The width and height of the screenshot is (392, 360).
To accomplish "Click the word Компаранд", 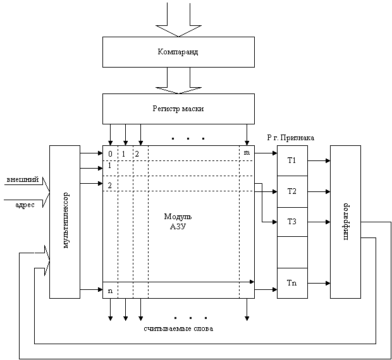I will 178,52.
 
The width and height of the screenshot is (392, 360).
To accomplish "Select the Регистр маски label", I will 178,109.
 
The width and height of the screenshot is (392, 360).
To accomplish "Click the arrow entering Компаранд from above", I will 178,19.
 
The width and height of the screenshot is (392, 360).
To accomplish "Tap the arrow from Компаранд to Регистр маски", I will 178,80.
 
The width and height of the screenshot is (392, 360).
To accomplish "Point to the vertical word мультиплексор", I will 65,222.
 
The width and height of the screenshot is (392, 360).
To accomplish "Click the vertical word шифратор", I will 345,222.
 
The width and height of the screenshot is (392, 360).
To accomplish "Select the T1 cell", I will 292,160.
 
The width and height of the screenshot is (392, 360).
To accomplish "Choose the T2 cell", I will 292,191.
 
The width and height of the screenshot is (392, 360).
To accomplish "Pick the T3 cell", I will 292,222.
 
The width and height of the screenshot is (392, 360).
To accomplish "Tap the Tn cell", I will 292,283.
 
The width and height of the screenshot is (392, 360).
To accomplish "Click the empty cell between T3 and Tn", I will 292,252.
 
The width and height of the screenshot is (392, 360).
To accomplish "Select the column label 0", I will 110,154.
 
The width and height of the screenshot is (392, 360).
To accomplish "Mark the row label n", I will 110,291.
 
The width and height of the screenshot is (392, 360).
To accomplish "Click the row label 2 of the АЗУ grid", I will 110,185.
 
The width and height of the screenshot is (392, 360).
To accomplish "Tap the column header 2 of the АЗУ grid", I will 137,154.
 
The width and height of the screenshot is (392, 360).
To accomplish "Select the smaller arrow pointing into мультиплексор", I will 41,259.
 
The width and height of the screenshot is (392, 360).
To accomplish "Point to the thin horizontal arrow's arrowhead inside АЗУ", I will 252,282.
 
